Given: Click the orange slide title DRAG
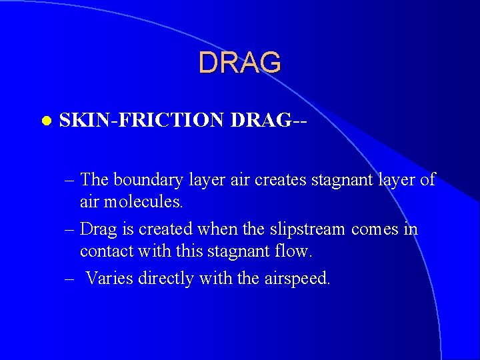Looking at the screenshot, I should pyautogui.click(x=239, y=63).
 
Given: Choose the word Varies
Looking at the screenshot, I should pyautogui.click(x=110, y=278).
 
